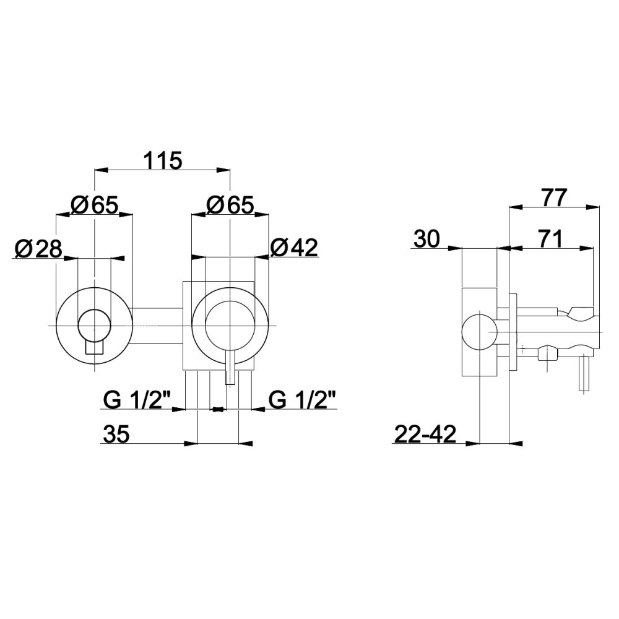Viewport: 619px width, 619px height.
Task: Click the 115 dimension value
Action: pyautogui.click(x=162, y=160)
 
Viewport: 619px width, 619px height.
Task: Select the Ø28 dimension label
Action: pyautogui.click(x=38, y=249)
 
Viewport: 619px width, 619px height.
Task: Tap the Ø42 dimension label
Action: pyautogui.click(x=294, y=248)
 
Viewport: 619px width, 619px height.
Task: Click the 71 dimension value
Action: pyautogui.click(x=549, y=239)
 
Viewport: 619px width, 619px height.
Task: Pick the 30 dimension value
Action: pyautogui.click(x=426, y=239)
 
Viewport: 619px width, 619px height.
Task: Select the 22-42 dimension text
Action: pyautogui.click(x=425, y=435)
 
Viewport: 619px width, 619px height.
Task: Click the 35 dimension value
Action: pyautogui.click(x=116, y=435)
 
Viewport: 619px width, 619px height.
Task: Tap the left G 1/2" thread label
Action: pyautogui.click(x=137, y=400)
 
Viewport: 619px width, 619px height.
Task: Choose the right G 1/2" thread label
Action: pyautogui.click(x=303, y=400)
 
